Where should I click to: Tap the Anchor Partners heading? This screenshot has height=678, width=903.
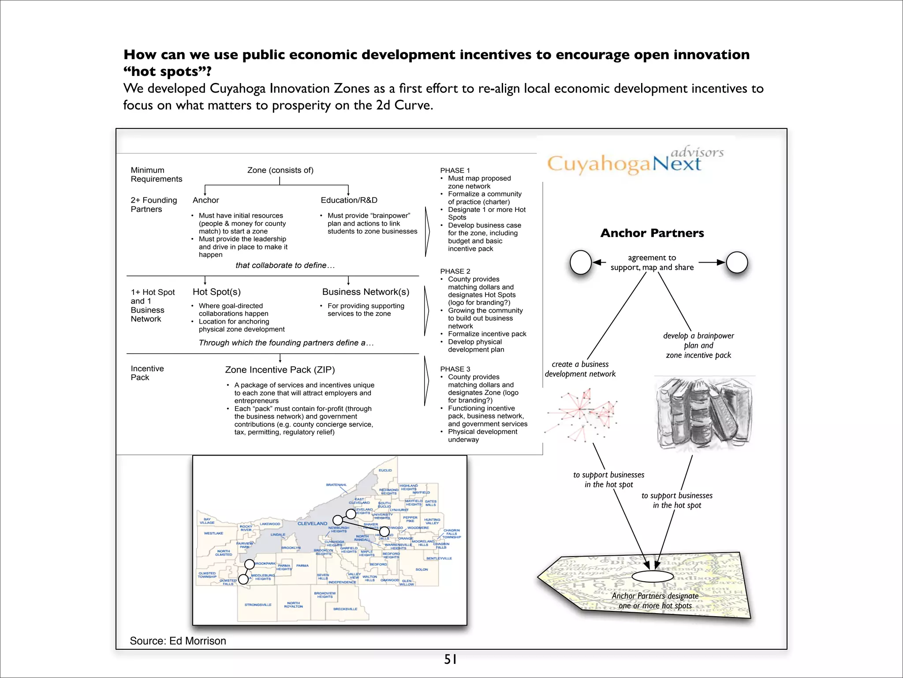point(652,233)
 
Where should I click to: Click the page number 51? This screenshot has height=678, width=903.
point(450,659)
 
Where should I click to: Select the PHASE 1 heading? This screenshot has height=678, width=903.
point(455,170)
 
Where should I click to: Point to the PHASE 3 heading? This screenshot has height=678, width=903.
point(455,369)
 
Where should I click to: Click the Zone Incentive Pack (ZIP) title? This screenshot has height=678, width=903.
point(280,370)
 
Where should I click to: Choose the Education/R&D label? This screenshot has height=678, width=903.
point(349,200)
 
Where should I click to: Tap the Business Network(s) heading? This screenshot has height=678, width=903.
point(366,292)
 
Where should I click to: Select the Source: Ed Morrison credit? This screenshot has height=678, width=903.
point(178,641)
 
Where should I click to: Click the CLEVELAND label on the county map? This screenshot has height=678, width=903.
point(312,524)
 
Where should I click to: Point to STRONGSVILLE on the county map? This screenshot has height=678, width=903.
point(258,605)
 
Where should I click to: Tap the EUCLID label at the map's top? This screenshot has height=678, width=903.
point(385,471)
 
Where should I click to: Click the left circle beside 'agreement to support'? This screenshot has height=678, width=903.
point(581,263)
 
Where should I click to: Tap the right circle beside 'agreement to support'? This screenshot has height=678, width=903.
point(737,262)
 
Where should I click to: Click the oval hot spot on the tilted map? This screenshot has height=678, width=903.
point(653,576)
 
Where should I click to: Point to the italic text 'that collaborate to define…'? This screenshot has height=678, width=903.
point(285,265)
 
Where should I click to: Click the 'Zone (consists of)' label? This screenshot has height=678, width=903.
point(280,170)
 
